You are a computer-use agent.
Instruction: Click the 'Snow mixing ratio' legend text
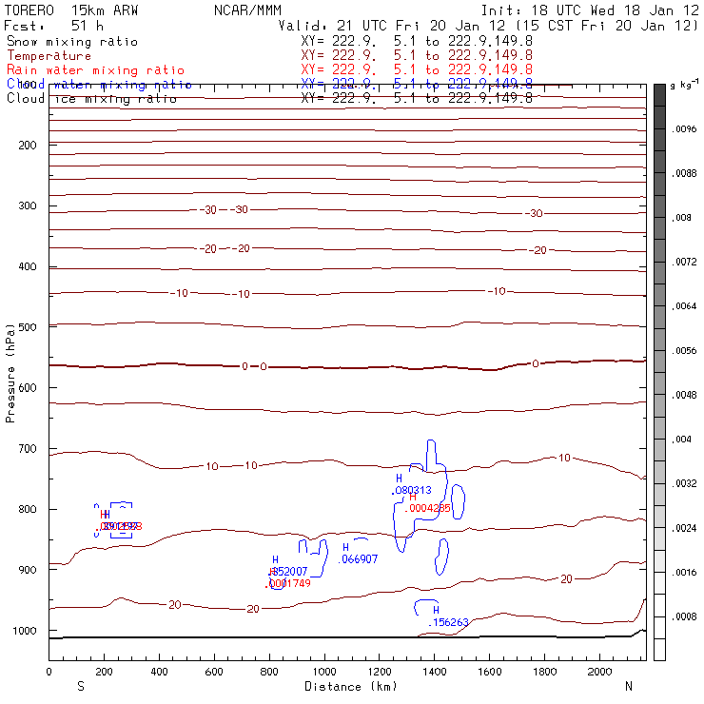click(x=71, y=42)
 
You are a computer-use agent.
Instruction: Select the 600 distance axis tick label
click(x=214, y=672)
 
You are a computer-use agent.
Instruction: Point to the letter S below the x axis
click(x=81, y=686)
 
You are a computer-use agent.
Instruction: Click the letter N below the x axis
click(x=628, y=686)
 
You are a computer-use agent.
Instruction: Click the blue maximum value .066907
click(x=360, y=559)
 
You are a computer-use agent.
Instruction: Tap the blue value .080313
click(x=412, y=490)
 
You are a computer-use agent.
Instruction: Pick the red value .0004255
click(x=427, y=508)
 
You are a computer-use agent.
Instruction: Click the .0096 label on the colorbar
click(x=686, y=127)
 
